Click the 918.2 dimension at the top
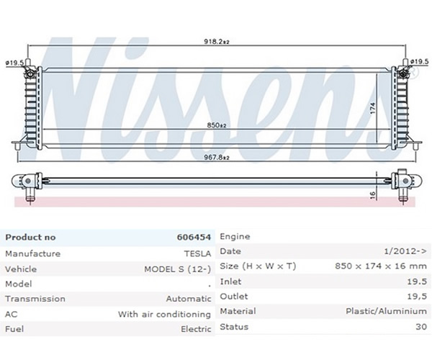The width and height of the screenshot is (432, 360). [x=217, y=42]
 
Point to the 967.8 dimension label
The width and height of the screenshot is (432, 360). [x=217, y=158]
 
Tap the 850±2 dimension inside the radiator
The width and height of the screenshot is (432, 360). [x=217, y=125]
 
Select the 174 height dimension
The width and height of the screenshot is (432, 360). [x=373, y=108]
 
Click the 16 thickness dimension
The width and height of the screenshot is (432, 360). [x=372, y=195]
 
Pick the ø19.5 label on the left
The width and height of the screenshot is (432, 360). [x=14, y=63]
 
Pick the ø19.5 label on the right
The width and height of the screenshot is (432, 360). [x=419, y=62]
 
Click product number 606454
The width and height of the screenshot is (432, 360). [x=194, y=237]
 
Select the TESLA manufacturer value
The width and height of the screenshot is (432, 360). [x=197, y=253]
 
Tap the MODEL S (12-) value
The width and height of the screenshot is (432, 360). [x=178, y=269]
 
